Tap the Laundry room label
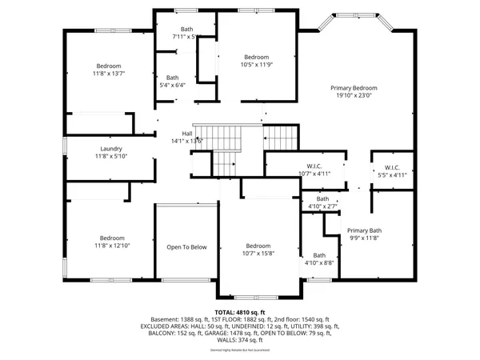[x=110, y=149]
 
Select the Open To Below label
[x=186, y=247]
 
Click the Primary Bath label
[x=364, y=230]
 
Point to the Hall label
[x=187, y=134]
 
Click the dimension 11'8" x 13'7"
[x=109, y=73]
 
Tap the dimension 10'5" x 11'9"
[x=256, y=65]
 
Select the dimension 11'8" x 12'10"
[x=111, y=246]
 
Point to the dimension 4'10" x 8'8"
[x=318, y=262]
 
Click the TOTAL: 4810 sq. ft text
[x=239, y=312]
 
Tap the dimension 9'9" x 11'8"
[x=364, y=238]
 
